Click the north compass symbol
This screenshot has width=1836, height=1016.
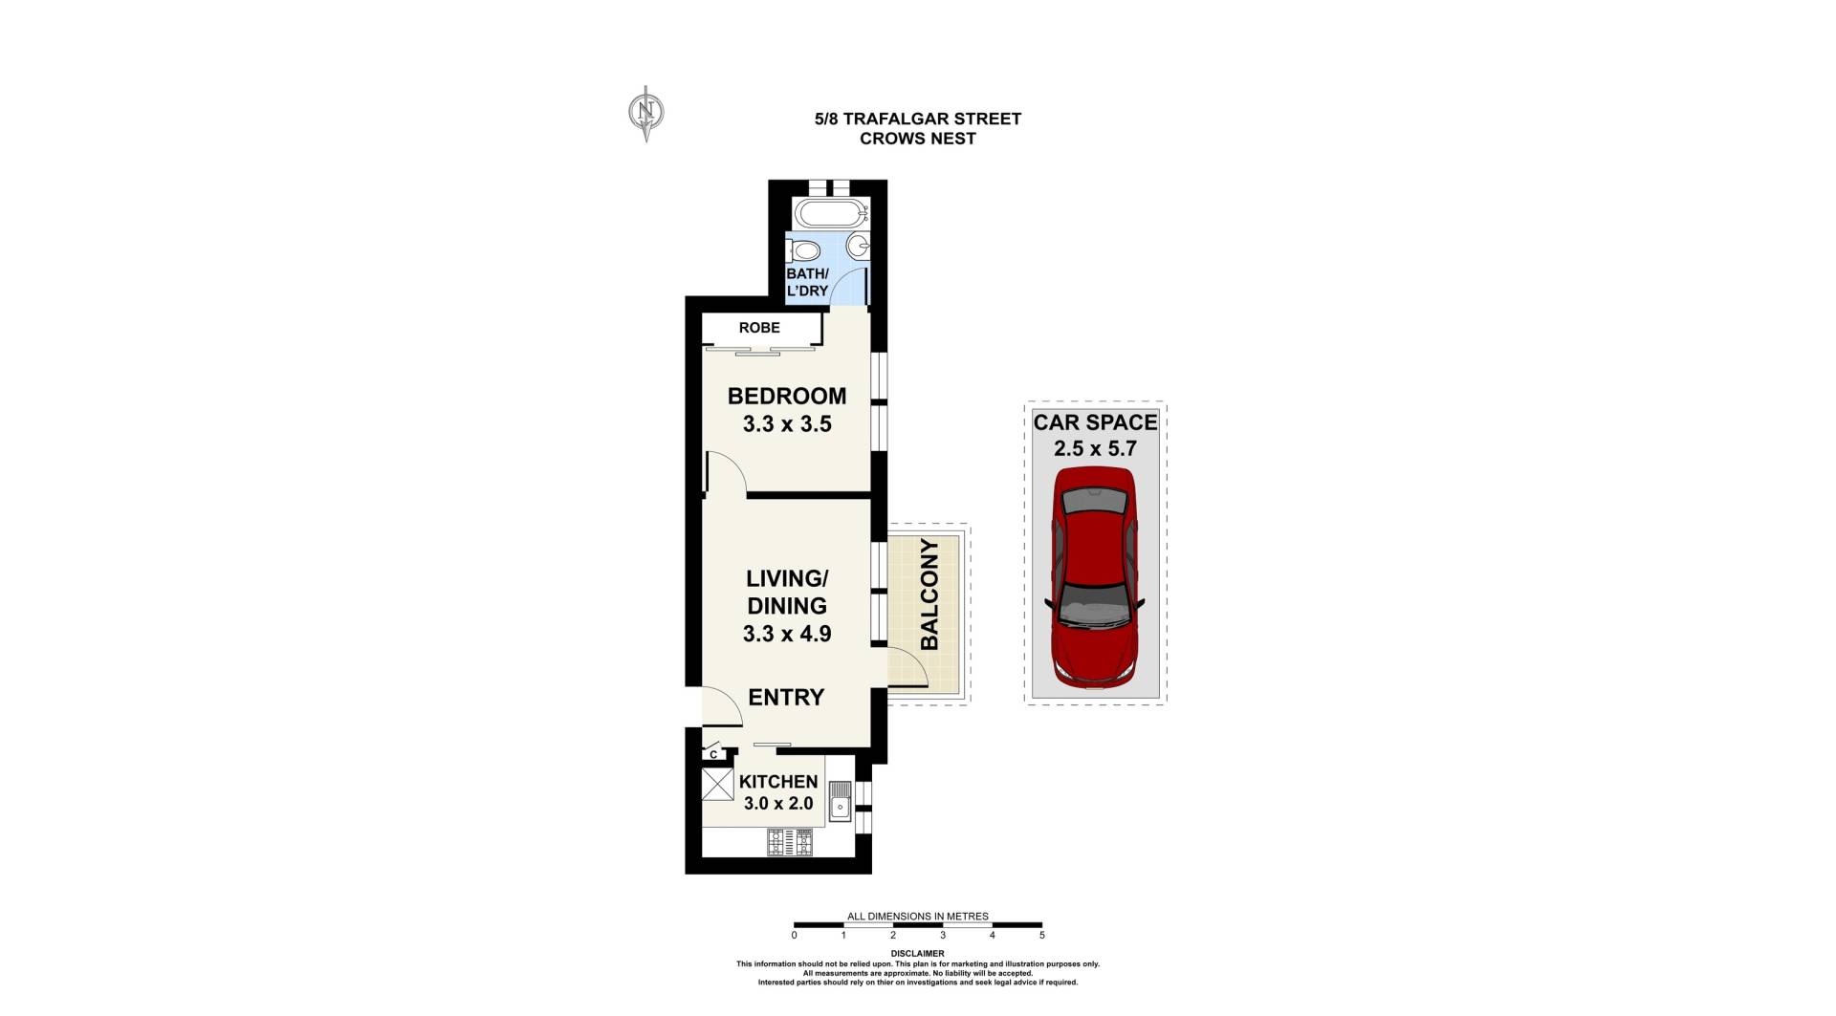coord(646,113)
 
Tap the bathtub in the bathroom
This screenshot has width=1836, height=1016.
coord(831,213)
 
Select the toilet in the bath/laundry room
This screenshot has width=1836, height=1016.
coord(804,250)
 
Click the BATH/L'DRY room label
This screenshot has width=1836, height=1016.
coord(807,282)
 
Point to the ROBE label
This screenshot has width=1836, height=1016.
coord(759,328)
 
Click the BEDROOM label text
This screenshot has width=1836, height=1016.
coord(787,396)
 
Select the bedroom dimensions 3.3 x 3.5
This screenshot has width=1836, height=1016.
coord(787,424)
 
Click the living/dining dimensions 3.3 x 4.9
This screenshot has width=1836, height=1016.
coord(787,634)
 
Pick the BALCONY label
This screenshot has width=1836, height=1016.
coord(929,594)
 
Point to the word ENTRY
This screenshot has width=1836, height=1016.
coord(786,698)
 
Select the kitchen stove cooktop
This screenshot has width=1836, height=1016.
coord(789,842)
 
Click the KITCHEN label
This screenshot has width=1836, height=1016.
coord(778,782)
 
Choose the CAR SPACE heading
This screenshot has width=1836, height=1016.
coord(1095,422)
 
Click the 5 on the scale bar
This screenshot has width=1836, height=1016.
coord(1042,936)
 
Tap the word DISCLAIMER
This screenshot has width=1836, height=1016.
coord(917,954)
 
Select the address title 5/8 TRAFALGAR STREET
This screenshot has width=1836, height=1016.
coord(918,119)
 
